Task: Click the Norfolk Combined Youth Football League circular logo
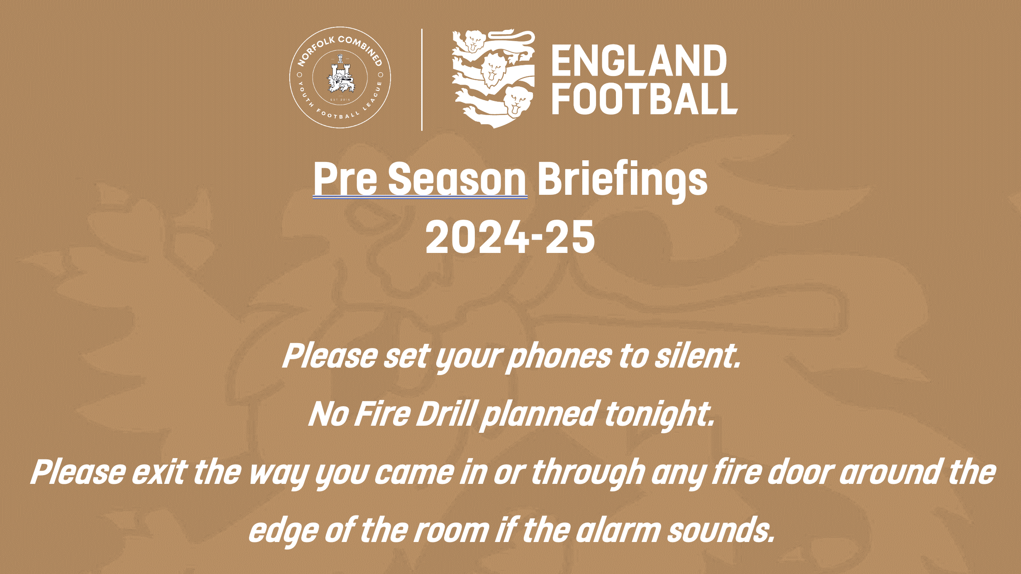(x=340, y=78)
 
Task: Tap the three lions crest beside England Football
(x=493, y=78)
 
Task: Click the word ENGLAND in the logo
(x=639, y=61)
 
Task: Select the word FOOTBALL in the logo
(x=645, y=98)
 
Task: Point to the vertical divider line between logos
(x=422, y=80)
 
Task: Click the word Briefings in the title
(x=623, y=179)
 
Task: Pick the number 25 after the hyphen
(x=570, y=237)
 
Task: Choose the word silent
(x=698, y=356)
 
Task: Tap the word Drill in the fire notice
(x=447, y=414)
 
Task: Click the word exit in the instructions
(x=159, y=472)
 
